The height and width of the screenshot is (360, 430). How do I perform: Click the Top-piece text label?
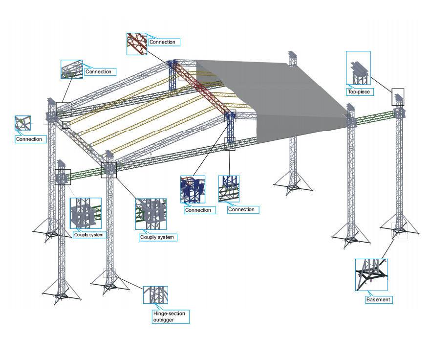coord(359,91)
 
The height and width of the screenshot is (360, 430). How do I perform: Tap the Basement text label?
coord(377,299)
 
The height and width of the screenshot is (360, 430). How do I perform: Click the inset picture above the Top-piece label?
coord(359,67)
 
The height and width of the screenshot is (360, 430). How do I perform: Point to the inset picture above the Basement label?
coord(371,275)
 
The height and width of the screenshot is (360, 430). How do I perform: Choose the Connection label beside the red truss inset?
coord(163,42)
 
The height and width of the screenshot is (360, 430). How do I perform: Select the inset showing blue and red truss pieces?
coord(193,189)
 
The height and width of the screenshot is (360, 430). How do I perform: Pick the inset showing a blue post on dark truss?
coord(229,188)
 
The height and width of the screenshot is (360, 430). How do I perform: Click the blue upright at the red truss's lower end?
coord(230,125)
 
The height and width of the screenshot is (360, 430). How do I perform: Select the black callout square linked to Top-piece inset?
coord(398,97)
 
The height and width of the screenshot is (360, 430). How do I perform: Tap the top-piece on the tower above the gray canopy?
coord(293,57)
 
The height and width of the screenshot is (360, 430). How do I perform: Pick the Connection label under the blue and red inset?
coord(199,210)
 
